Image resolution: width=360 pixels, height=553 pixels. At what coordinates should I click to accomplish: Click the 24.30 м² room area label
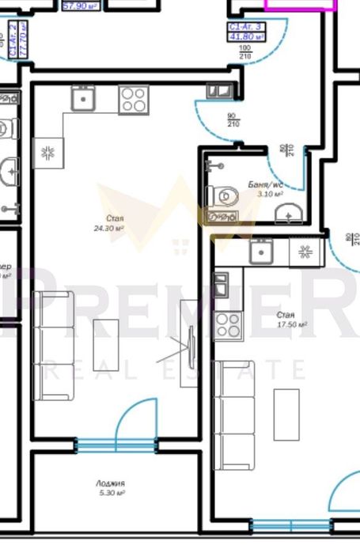point(109,229)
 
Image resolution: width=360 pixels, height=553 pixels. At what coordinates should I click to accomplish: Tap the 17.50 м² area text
point(291,324)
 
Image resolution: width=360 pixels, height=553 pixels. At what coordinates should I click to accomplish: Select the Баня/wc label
point(265,185)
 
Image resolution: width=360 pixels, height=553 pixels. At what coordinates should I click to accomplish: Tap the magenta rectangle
point(294,4)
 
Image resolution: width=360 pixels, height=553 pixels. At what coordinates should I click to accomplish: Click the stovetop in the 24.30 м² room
point(133,100)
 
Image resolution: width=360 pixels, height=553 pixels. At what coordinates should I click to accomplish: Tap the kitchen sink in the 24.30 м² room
point(83,99)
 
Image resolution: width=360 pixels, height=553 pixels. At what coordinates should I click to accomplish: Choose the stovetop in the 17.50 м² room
point(228,324)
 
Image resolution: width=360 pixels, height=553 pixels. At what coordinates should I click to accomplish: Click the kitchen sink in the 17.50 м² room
point(260,252)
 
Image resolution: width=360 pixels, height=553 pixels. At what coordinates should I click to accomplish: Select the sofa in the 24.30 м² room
point(53,345)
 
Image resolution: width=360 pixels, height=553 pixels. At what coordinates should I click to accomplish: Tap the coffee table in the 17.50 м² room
point(286,414)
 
